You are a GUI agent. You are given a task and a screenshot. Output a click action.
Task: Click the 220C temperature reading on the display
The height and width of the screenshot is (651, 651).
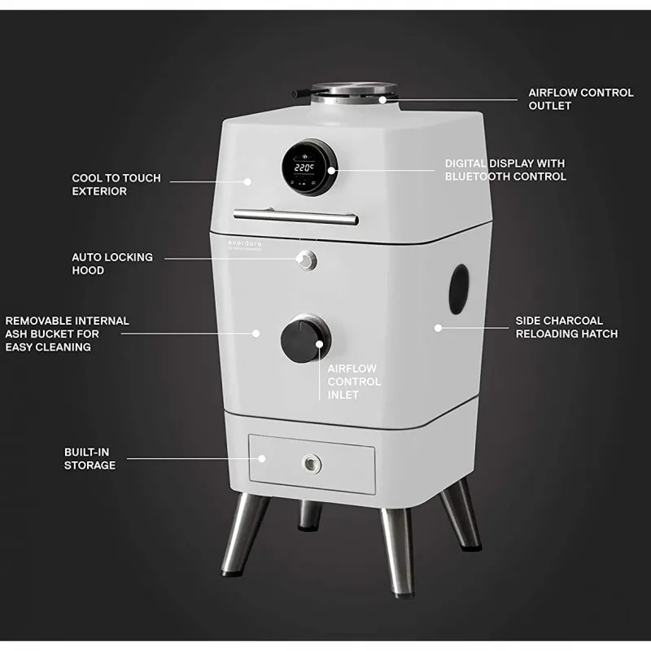click(x=304, y=168)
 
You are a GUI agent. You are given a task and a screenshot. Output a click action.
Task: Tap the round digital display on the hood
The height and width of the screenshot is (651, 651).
click(x=309, y=168)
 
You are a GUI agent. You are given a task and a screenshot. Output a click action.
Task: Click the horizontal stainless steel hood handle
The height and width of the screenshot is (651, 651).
click(x=295, y=216)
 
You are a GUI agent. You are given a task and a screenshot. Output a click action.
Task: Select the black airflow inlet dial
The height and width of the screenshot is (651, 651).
click(x=306, y=339)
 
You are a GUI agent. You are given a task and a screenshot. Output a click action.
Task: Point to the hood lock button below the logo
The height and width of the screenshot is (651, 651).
click(x=307, y=260)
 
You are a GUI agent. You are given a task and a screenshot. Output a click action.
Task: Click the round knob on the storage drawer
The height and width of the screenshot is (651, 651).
click(x=312, y=463)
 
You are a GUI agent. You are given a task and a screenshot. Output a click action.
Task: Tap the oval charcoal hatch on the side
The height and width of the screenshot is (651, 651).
click(x=459, y=289)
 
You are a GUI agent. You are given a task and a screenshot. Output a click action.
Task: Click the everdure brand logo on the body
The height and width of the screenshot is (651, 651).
click(x=245, y=245)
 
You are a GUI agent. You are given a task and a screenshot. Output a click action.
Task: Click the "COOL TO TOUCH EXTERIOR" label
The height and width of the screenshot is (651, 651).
click(x=116, y=185)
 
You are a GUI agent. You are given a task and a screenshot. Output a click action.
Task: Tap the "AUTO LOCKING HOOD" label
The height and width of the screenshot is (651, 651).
click(x=112, y=264)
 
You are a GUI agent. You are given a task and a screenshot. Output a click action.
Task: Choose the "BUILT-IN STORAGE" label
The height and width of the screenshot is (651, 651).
click(x=90, y=459)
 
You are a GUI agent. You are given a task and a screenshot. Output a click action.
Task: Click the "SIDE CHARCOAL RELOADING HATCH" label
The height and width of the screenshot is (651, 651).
click(x=566, y=327)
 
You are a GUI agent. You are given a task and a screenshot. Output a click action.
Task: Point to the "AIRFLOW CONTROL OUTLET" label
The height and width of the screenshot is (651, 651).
click(x=581, y=99)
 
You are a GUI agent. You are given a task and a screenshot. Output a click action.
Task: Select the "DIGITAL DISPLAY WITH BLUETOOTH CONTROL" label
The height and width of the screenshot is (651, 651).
click(x=505, y=170)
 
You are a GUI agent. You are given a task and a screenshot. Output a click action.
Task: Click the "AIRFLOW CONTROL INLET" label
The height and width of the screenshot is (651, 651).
click(x=354, y=382)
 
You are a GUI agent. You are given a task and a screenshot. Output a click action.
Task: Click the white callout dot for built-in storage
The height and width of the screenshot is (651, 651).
click(x=262, y=459)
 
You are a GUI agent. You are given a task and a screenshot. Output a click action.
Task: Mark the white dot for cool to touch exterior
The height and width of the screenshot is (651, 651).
click(x=247, y=181)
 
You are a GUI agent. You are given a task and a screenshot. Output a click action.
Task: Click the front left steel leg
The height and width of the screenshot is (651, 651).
click(x=244, y=535)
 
